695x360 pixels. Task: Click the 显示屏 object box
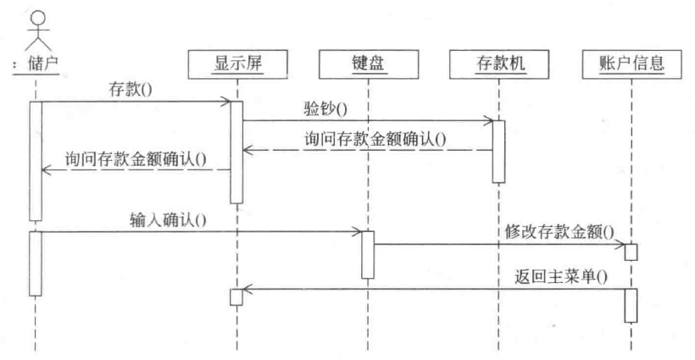click(x=237, y=62)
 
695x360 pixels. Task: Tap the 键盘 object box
click(x=369, y=62)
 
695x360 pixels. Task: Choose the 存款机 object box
click(x=499, y=62)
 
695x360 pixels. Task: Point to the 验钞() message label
click(x=325, y=108)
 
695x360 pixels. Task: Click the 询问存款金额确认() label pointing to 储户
click(x=136, y=158)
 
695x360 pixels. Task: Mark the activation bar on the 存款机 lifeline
click(x=499, y=151)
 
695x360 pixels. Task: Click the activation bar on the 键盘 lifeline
click(x=369, y=254)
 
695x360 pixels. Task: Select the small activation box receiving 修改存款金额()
click(x=631, y=252)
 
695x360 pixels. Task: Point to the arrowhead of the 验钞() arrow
click(x=489, y=120)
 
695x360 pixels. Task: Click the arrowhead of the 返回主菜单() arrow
click(x=247, y=290)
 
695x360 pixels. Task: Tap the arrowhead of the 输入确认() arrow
click(x=359, y=231)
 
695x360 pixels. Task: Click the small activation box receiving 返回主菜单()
click(x=237, y=296)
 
